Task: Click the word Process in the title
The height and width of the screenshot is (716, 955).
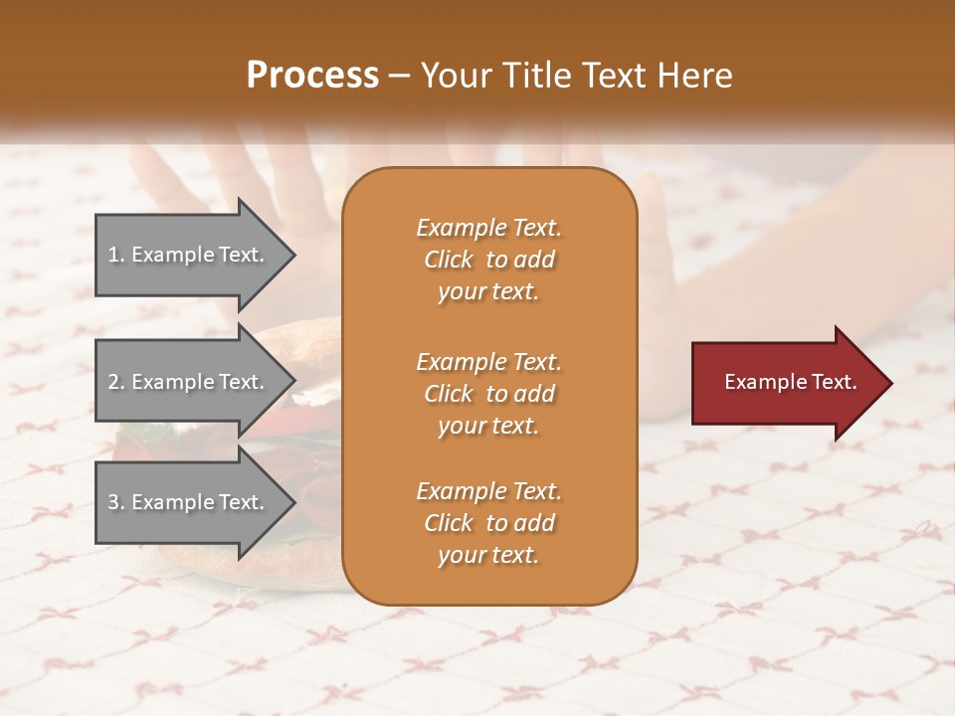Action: tap(312, 76)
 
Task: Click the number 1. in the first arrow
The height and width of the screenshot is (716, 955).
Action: tap(116, 255)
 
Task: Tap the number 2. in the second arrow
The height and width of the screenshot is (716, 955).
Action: tap(116, 382)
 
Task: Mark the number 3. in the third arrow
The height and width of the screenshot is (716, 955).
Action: tap(116, 502)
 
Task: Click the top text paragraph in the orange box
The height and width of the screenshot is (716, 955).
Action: tap(488, 260)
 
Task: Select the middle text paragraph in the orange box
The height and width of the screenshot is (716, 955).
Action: tap(488, 394)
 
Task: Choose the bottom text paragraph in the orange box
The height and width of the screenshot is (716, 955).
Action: tap(488, 523)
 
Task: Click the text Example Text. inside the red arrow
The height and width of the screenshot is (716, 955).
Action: tap(791, 382)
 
